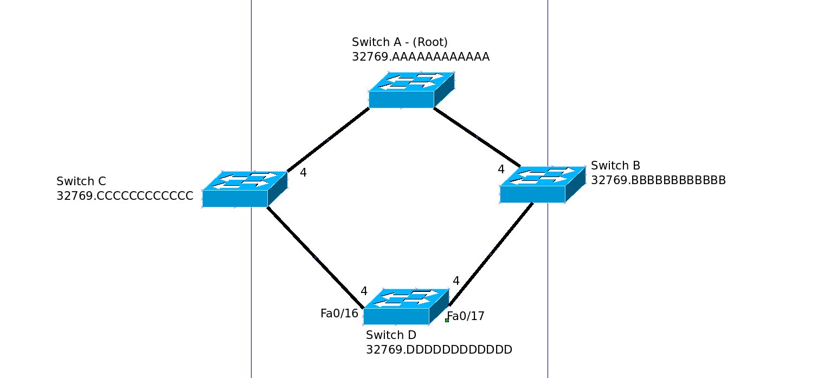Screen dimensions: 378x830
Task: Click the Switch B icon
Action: (542, 184)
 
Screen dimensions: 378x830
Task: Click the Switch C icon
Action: (245, 189)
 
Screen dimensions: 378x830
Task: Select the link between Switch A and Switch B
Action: (477, 138)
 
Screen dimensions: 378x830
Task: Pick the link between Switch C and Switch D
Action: (315, 257)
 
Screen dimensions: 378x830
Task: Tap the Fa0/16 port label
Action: (339, 314)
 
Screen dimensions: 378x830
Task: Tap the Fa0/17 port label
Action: (466, 316)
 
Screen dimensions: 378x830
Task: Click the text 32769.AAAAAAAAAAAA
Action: (421, 57)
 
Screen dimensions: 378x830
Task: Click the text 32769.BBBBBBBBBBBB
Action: (658, 180)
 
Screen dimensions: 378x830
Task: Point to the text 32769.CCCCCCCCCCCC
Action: (125, 196)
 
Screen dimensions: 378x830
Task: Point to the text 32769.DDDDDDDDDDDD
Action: (439, 350)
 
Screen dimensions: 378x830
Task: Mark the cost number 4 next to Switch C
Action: (304, 173)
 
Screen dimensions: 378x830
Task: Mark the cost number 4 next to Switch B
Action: (501, 170)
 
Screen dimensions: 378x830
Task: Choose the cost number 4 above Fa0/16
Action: (364, 291)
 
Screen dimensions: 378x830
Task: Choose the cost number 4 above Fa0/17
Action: (456, 281)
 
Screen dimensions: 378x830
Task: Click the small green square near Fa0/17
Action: (447, 320)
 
